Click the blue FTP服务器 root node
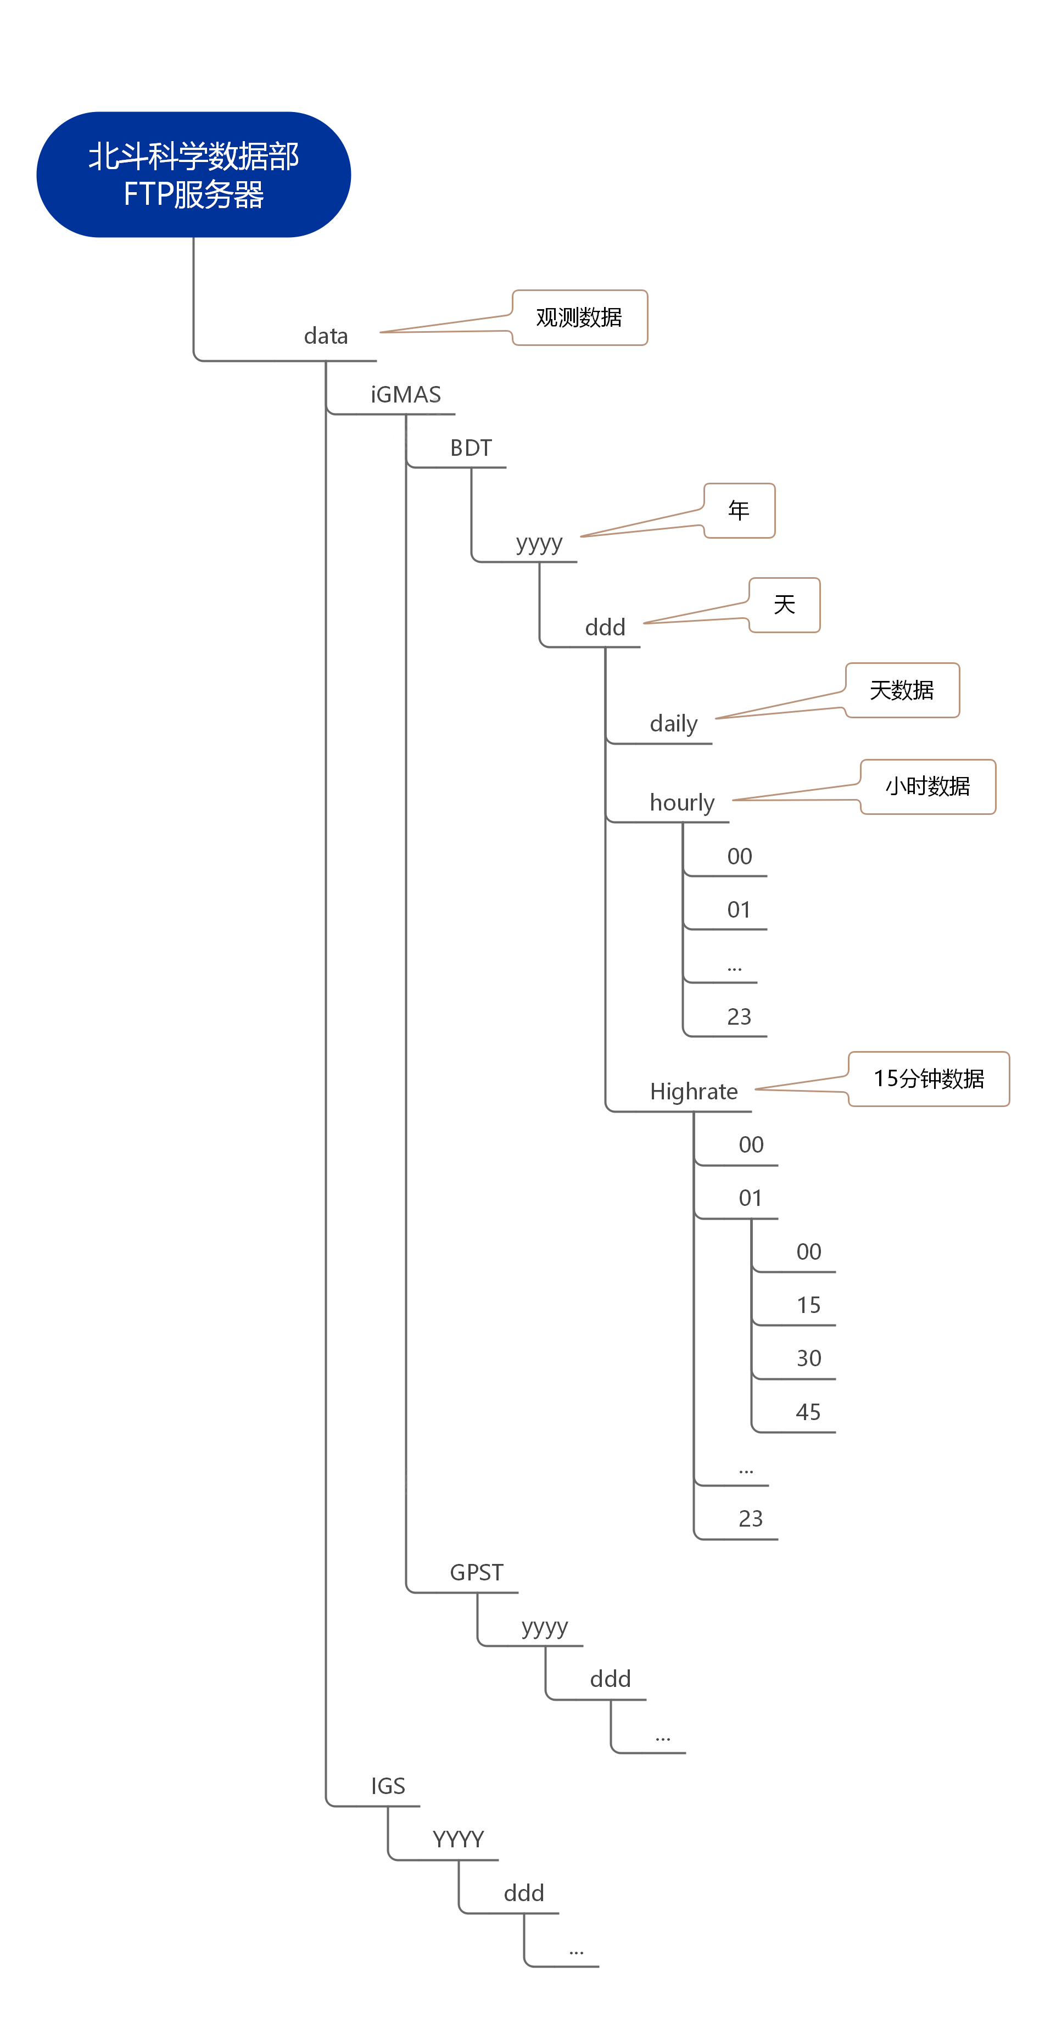tap(193, 175)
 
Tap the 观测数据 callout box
tap(580, 317)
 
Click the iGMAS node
tap(406, 394)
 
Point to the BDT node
tap(471, 448)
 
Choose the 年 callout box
tap(739, 510)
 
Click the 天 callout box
tap(784, 605)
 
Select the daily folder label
tap(674, 723)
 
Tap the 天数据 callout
tap(902, 690)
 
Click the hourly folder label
tap(681, 802)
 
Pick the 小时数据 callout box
tap(928, 786)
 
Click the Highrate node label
tap(694, 1091)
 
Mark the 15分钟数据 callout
tap(929, 1079)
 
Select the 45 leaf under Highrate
tap(808, 1412)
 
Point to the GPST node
tap(476, 1572)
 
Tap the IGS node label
tap(388, 1786)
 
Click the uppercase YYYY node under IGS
tap(458, 1840)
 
